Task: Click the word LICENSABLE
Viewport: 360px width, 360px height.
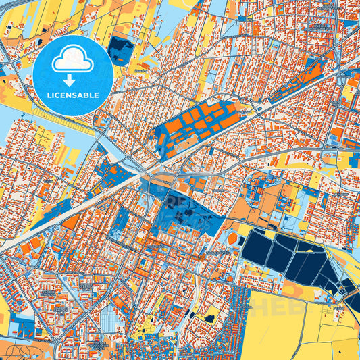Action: (74, 95)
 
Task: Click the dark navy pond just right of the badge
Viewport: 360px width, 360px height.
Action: (121, 47)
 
